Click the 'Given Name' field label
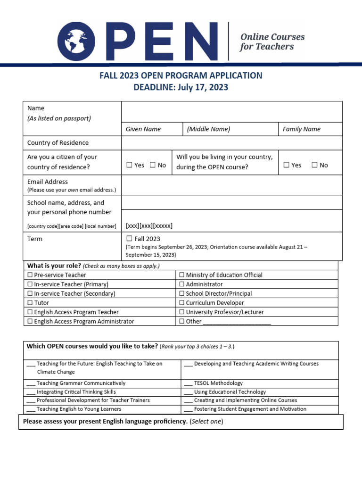tap(143, 129)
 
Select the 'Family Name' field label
tap(301, 129)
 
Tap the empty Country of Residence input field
tap(231, 143)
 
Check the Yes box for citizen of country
tap(129, 165)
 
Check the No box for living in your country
tap(314, 165)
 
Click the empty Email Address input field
tap(231, 185)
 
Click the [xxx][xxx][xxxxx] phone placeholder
tap(149, 225)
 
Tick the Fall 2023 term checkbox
tap(129, 239)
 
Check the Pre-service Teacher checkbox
tap(30, 275)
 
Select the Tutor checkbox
tap(30, 303)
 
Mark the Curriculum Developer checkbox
tap(182, 303)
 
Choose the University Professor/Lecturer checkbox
tap(182, 312)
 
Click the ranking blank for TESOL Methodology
tap(188, 384)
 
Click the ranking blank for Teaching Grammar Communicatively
tap(31, 384)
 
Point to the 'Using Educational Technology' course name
tap(230, 392)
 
